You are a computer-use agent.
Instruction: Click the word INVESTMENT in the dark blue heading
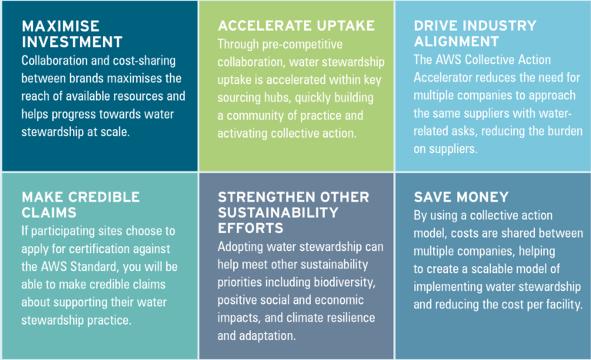point(72,42)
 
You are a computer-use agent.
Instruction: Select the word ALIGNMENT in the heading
point(456,42)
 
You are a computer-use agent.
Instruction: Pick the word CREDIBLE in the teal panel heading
point(105,197)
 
